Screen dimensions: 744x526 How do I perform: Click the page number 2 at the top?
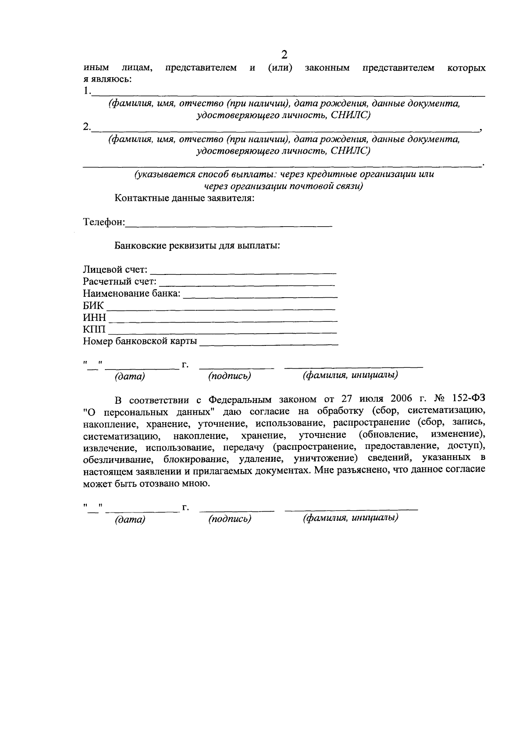pyautogui.click(x=284, y=55)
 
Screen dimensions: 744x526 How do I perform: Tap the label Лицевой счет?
pyautogui.click(x=115, y=269)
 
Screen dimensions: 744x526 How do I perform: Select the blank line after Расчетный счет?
pyautogui.click(x=248, y=284)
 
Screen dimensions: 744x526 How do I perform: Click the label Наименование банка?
pyautogui.click(x=131, y=293)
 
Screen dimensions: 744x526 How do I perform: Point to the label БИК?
pyautogui.click(x=93, y=306)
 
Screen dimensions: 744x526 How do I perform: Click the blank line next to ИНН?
pyautogui.click(x=223, y=320)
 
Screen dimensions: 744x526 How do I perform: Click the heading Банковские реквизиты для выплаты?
pyautogui.click(x=197, y=246)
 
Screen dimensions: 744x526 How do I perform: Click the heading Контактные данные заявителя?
pyautogui.click(x=185, y=198)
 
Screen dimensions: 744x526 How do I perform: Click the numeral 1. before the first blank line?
pyautogui.click(x=87, y=91)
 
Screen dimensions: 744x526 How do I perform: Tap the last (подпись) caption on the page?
pyautogui.click(x=230, y=519)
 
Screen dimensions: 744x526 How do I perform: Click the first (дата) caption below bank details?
pyautogui.click(x=130, y=376)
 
